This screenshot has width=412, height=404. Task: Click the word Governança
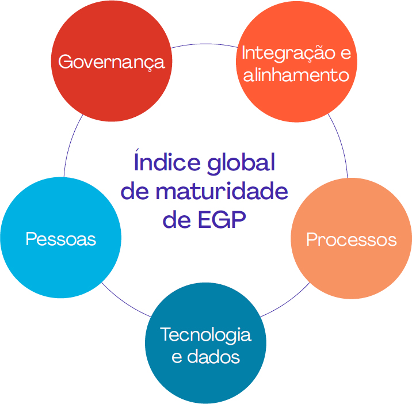(112, 62)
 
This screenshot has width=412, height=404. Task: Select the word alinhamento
(296, 75)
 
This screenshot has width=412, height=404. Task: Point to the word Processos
(352, 239)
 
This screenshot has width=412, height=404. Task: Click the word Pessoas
(60, 239)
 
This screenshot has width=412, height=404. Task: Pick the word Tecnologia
(206, 336)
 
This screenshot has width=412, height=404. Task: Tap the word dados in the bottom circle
(213, 356)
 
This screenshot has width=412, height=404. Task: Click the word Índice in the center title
(167, 161)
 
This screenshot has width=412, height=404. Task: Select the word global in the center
(241, 163)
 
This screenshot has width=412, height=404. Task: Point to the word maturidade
(222, 190)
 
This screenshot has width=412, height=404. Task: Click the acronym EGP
(222, 219)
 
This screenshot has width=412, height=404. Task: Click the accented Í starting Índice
(136, 161)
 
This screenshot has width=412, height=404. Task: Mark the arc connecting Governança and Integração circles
(204, 44)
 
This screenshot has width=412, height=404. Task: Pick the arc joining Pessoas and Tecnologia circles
(124, 302)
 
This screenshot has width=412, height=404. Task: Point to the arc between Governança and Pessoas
(70, 144)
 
